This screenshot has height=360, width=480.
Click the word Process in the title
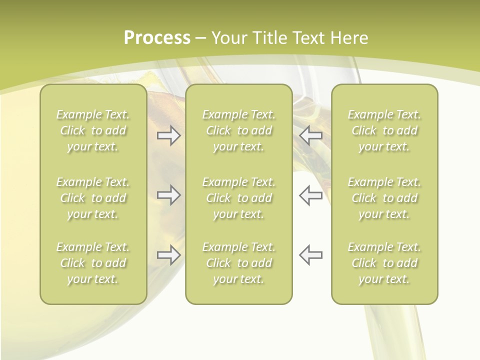point(157,38)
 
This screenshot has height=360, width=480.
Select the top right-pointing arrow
point(168,136)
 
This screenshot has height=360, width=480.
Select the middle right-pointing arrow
point(168,195)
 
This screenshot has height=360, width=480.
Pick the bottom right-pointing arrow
point(168,255)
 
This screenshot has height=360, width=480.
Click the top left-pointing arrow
point(310,136)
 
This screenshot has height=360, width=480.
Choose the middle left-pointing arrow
point(310,195)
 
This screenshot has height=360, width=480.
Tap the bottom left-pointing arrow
point(310,255)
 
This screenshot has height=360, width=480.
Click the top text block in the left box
point(93,130)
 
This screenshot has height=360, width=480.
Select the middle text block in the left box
point(93,198)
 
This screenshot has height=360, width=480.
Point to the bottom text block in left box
point(93,263)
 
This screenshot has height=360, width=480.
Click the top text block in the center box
point(239,130)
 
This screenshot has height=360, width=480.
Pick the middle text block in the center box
point(239,198)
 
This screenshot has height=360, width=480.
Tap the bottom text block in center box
point(239,263)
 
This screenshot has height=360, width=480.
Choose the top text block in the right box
point(384,130)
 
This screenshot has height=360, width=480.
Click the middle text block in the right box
point(384,198)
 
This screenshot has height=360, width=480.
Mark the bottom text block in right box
point(384,263)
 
